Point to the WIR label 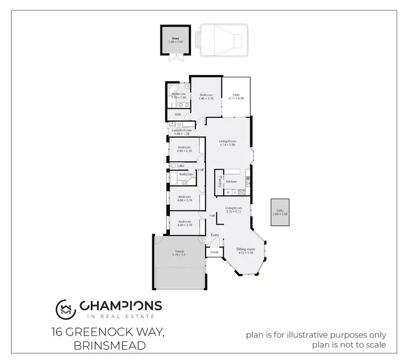coord(177,115)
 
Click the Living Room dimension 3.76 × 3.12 coord(233,211)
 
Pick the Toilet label coord(181,165)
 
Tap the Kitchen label coord(232,182)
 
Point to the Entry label coord(215,235)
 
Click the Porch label coord(214,252)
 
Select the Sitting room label coord(245,249)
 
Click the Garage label coord(179,251)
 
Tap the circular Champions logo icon coord(66,309)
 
